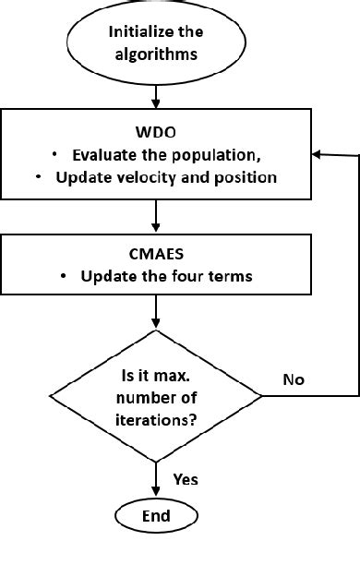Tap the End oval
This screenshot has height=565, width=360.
pyautogui.click(x=156, y=515)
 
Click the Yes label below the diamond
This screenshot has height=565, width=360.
pyautogui.click(x=186, y=479)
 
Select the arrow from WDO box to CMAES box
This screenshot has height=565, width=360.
pyautogui.click(x=156, y=218)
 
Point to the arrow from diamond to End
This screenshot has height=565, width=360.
pyautogui.click(x=156, y=476)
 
